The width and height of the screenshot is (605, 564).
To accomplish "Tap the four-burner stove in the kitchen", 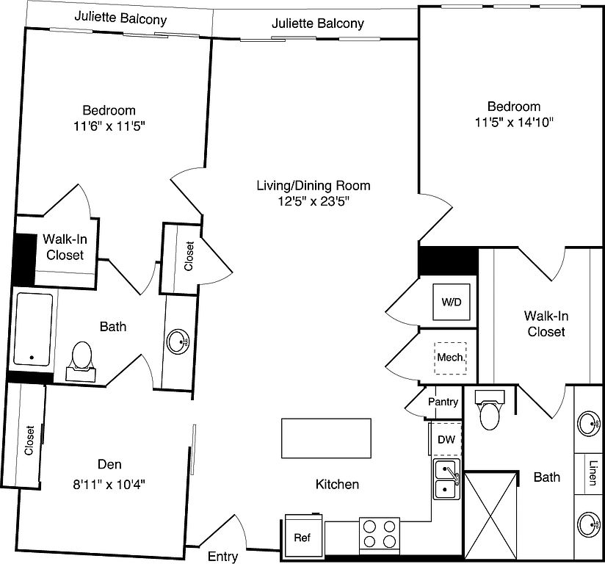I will pos(379,534).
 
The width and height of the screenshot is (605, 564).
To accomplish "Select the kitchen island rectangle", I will pos(326,438).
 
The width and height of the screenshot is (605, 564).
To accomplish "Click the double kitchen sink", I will pos(446,479).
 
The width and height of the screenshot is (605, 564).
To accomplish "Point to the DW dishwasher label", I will pos(446,440).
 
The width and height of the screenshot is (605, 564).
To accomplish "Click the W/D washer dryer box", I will pos(449,302).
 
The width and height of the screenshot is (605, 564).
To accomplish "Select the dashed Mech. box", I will pos(449,358).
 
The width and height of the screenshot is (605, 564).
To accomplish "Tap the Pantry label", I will pos(443,402).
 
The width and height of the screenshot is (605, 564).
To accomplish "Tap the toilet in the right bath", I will pos(488,413).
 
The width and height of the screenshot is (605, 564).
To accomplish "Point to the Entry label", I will pos(222,556).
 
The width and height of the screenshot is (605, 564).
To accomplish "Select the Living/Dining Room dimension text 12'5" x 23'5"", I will pos(313,202).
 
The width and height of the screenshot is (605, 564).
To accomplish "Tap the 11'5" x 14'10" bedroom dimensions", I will pos(512,123).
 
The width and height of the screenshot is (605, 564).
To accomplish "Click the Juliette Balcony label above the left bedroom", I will pos(120,18).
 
